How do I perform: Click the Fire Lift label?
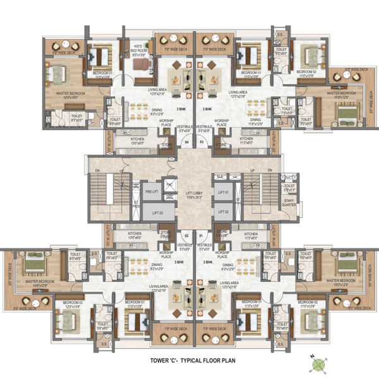click(151, 191)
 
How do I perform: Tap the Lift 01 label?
click(222, 191)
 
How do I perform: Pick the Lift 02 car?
click(222, 213)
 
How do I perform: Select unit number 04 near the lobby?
click(186, 142)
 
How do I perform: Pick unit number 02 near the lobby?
click(186, 236)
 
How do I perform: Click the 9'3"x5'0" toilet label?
click(76, 117)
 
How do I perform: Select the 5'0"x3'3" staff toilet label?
click(290, 188)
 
